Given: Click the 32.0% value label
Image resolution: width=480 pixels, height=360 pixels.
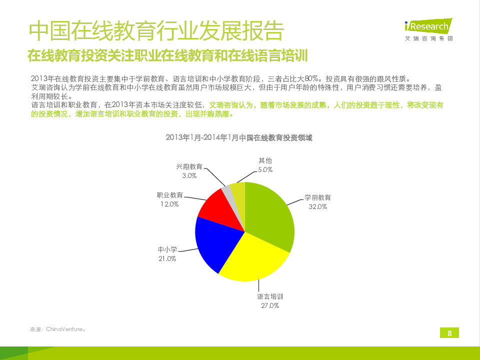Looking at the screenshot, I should click(x=317, y=206).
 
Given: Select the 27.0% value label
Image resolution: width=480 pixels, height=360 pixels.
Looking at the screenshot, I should click(x=270, y=305).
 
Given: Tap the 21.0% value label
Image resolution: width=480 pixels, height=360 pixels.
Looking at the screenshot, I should click(x=167, y=258).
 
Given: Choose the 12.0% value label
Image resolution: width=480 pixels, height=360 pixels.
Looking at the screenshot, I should click(x=169, y=204).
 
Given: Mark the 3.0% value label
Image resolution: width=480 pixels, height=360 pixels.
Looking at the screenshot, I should click(x=189, y=176).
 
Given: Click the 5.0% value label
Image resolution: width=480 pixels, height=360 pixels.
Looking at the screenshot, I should click(x=265, y=169).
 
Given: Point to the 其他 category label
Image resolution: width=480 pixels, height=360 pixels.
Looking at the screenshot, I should click(x=265, y=161).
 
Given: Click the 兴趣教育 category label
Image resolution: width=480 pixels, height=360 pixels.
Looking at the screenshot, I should click(x=189, y=167).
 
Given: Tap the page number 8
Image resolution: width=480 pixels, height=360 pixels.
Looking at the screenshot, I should click(x=449, y=333).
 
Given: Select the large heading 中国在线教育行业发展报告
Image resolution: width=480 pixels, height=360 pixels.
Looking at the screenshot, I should click(x=156, y=31).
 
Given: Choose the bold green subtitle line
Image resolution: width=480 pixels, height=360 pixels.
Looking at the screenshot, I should click(x=167, y=55).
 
